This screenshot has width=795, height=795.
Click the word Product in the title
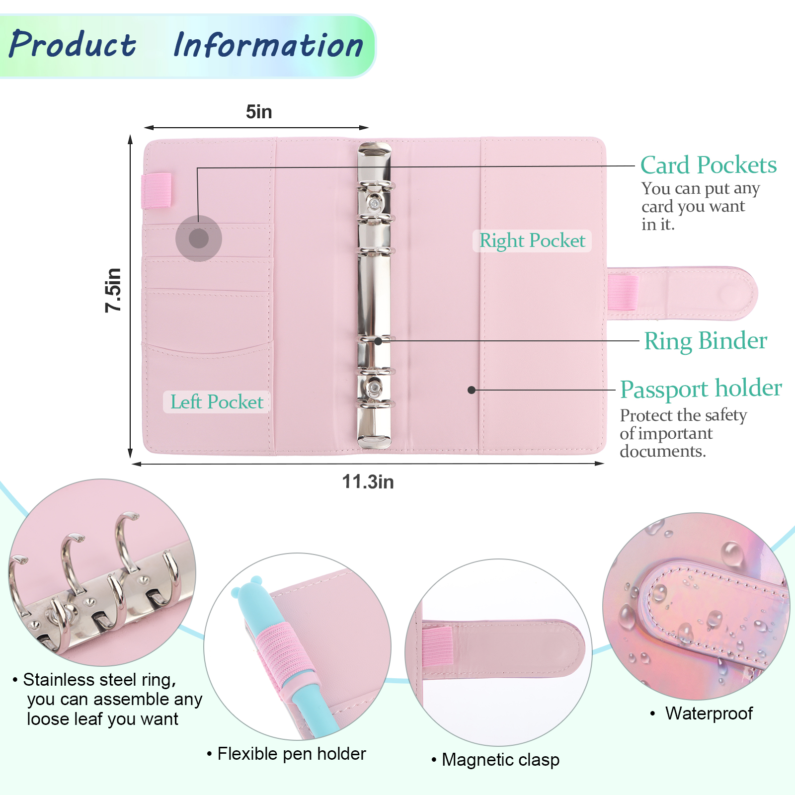point(73,45)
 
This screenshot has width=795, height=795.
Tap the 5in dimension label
point(259,112)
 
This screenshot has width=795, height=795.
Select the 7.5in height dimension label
point(113,290)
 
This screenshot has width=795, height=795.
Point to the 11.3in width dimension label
point(368,481)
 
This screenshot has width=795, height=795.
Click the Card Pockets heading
point(708,165)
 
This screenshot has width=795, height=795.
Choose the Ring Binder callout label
point(706,341)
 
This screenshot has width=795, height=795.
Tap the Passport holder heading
point(701,389)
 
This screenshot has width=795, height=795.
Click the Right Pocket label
point(532,240)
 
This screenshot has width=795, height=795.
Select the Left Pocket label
point(217,402)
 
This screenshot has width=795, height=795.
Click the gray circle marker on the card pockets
point(199,238)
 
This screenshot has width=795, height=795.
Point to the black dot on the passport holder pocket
point(472,390)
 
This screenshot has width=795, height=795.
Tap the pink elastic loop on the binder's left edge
point(157,190)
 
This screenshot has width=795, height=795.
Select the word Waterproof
point(709,714)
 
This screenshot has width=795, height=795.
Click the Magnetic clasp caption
point(500,760)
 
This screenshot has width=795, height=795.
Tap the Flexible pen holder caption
point(292,754)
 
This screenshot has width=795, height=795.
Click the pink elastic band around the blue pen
point(283,651)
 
